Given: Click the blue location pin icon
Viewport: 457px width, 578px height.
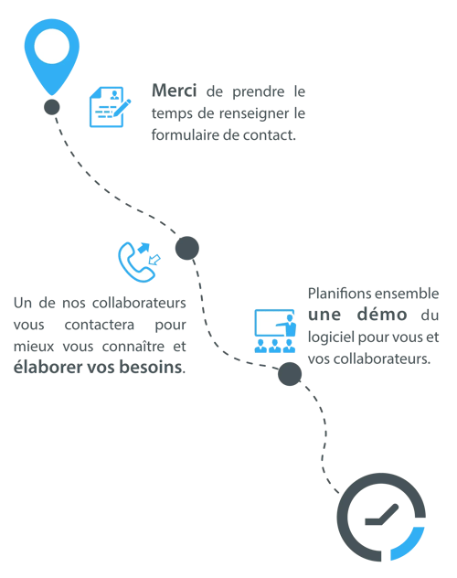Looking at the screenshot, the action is [x=52, y=55].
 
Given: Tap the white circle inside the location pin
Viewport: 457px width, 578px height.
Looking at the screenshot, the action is [x=52, y=47].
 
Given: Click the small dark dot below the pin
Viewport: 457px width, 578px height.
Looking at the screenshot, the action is [x=52, y=107].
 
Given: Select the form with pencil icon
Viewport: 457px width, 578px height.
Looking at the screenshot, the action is [x=110, y=107].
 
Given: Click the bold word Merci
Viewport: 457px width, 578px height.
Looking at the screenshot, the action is [x=175, y=91].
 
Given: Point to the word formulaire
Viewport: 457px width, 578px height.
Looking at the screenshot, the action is [x=186, y=134].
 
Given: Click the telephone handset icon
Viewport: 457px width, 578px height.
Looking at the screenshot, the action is [x=134, y=263].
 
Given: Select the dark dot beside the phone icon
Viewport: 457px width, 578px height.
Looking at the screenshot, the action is [x=187, y=248].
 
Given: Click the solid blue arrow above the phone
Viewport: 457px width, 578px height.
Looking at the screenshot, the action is [x=144, y=248].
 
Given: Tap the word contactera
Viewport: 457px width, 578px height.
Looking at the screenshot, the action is [x=100, y=325].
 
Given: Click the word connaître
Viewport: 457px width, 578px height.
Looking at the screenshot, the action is [x=133, y=346].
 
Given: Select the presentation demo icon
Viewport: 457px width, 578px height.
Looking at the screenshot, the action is [x=275, y=331].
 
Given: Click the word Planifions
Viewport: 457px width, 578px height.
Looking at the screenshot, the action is [x=339, y=294].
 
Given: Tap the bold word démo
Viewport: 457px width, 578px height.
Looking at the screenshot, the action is [x=382, y=314].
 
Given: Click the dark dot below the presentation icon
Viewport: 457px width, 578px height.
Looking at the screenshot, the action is [x=290, y=374].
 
